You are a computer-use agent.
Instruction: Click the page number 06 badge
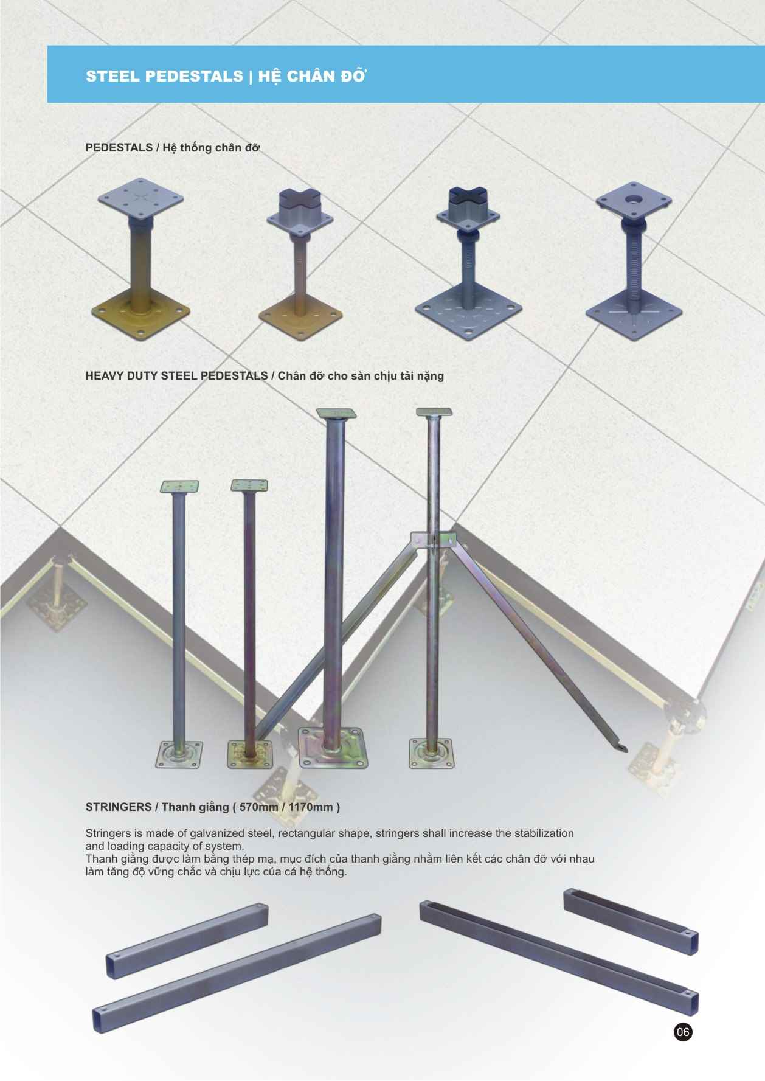click(683, 1032)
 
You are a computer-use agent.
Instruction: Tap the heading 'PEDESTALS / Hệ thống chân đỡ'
click(173, 147)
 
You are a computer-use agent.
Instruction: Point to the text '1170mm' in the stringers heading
click(311, 807)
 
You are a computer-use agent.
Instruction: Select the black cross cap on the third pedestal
click(468, 196)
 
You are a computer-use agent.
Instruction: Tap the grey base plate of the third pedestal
click(469, 312)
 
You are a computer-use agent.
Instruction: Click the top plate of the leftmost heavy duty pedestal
click(180, 487)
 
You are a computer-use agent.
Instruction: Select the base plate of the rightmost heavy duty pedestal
click(431, 753)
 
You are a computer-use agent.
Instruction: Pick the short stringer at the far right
click(631, 921)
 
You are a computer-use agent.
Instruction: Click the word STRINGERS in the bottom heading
click(119, 807)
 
